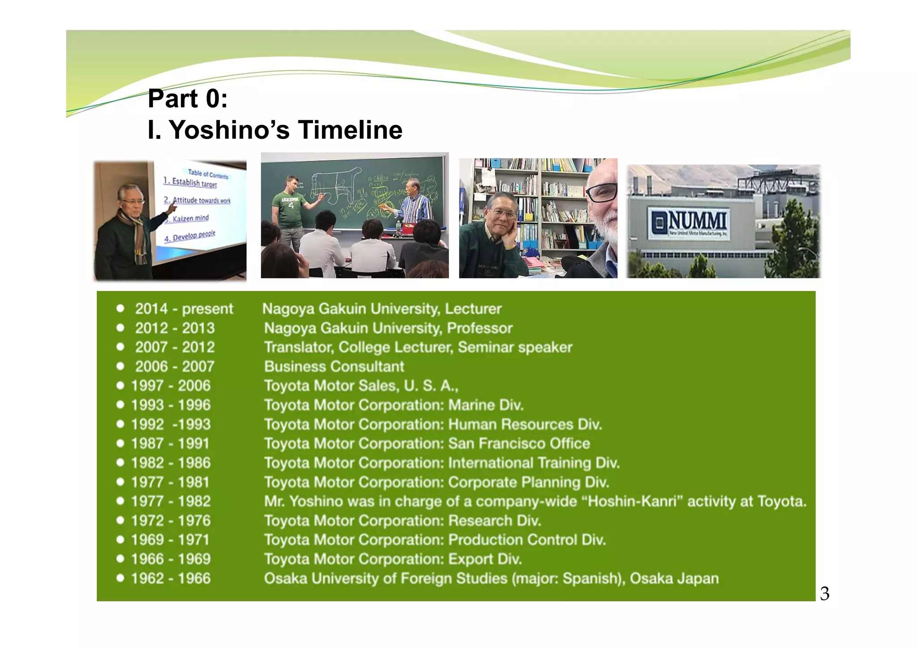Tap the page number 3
(x=824, y=594)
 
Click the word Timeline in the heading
(x=350, y=130)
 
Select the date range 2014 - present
(x=184, y=309)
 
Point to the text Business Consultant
(x=334, y=367)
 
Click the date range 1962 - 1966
(x=171, y=578)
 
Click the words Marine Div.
(x=486, y=405)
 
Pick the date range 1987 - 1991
(x=170, y=443)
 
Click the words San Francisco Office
(x=519, y=443)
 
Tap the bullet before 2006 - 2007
(x=120, y=367)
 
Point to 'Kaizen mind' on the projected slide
(x=190, y=218)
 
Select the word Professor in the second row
(x=480, y=328)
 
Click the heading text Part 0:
(x=188, y=98)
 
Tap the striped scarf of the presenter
(x=137, y=237)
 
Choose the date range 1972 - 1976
(x=171, y=520)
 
